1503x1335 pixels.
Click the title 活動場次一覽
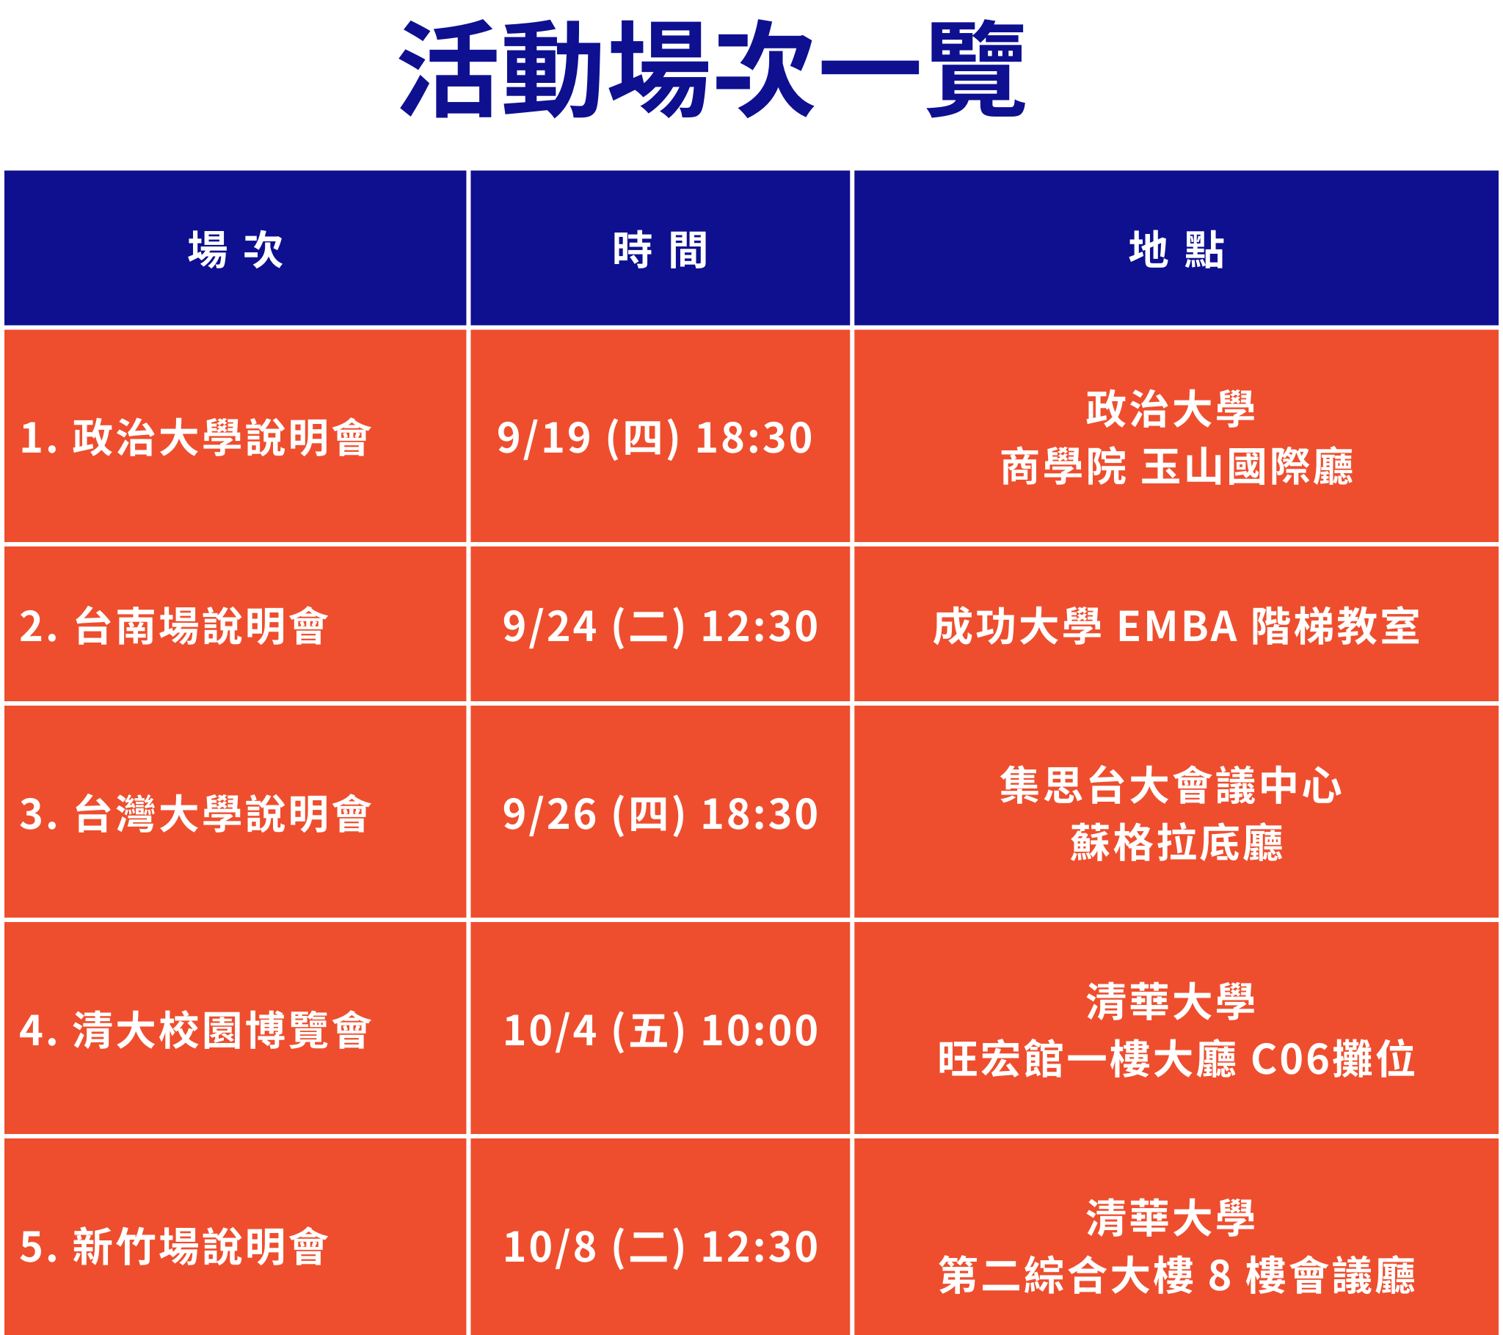coord(712,69)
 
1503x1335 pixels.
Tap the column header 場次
coord(236,250)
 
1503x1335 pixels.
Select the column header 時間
coord(660,250)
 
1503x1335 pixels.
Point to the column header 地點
coord(1176,250)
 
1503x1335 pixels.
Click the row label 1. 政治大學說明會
coord(196,438)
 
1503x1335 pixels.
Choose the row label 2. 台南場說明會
coord(173,626)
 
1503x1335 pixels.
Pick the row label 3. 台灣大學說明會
coord(196,814)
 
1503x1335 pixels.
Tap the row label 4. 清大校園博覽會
coord(196,1031)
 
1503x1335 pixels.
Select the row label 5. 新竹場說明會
coord(173,1247)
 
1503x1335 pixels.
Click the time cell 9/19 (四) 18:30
coord(655,438)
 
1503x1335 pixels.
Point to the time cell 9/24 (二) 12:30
coord(660,626)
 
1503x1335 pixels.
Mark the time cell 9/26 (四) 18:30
coord(660,814)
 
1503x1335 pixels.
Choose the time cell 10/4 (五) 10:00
coord(660,1031)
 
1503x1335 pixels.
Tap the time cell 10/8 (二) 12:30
coord(660,1247)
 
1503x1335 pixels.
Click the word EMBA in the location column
coord(1178,627)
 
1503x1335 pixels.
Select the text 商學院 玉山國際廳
coord(1176,467)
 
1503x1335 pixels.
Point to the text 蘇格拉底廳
coord(1176,844)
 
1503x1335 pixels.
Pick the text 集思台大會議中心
coord(1171,785)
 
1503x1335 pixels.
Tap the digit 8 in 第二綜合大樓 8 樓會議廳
coord(1220,1276)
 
